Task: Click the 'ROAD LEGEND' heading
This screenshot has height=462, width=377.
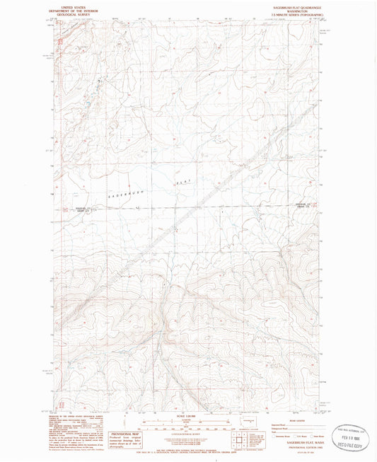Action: tap(287, 420)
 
